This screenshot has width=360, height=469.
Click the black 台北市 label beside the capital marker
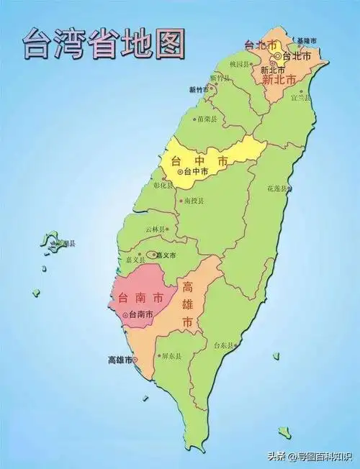pyautogui.click(x=297, y=56)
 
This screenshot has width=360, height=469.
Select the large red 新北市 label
pyautogui.click(x=279, y=80)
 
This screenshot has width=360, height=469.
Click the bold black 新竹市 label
pyautogui.click(x=198, y=90)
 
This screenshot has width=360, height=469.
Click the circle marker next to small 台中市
pyautogui.click(x=179, y=172)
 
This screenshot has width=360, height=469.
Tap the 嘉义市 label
pyautogui.click(x=166, y=254)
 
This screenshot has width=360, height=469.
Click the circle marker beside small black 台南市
pyautogui.click(x=125, y=315)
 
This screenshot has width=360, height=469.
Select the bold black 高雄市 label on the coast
pyautogui.click(x=120, y=359)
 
